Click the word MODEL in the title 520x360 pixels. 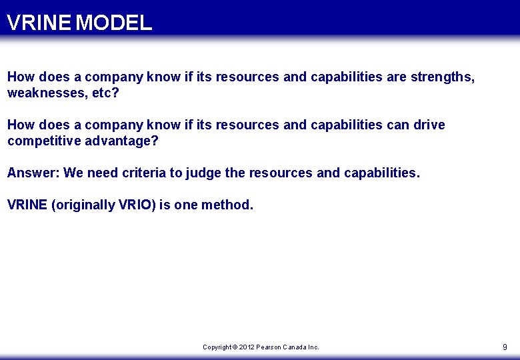pos(114,23)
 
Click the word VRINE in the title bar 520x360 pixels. pos(39,23)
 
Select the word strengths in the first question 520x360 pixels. pos(443,77)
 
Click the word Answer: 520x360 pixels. pos(33,173)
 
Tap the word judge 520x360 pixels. pos(203,173)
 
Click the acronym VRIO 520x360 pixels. pos(137,205)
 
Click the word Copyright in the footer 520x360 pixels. pos(217,347)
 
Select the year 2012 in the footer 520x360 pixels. pos(247,347)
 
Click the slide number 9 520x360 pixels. pos(505,347)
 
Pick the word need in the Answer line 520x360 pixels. pos(103,173)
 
